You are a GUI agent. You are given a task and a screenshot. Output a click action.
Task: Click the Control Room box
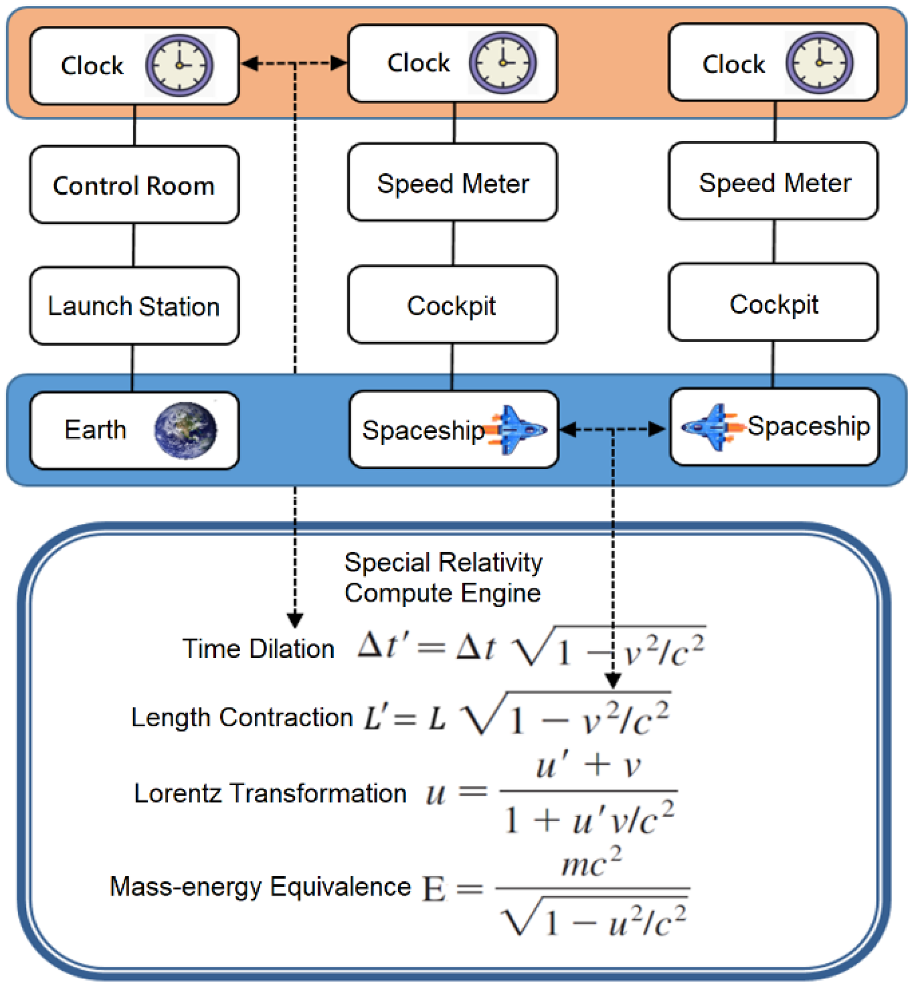(135, 185)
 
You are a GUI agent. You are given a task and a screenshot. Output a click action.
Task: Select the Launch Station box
(135, 306)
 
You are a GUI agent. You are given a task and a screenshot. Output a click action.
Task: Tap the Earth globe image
(185, 430)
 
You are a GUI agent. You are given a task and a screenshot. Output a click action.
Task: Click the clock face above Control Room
(180, 65)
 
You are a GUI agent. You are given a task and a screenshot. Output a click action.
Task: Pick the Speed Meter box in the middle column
(453, 183)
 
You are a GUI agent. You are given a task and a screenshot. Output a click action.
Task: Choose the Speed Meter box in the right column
(774, 182)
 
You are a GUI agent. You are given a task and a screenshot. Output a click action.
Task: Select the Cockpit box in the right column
(774, 303)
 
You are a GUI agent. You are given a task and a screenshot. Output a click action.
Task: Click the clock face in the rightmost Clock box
(820, 63)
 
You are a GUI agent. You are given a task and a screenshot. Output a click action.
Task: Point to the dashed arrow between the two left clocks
(295, 63)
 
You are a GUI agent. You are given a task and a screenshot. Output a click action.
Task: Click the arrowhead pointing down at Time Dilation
(295, 620)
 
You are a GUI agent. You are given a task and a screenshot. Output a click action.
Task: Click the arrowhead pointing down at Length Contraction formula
(613, 681)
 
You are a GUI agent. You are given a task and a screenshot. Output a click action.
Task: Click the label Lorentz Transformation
(270, 794)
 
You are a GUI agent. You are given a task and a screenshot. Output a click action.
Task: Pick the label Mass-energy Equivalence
(260, 887)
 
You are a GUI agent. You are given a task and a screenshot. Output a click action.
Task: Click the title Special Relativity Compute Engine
(443, 578)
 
